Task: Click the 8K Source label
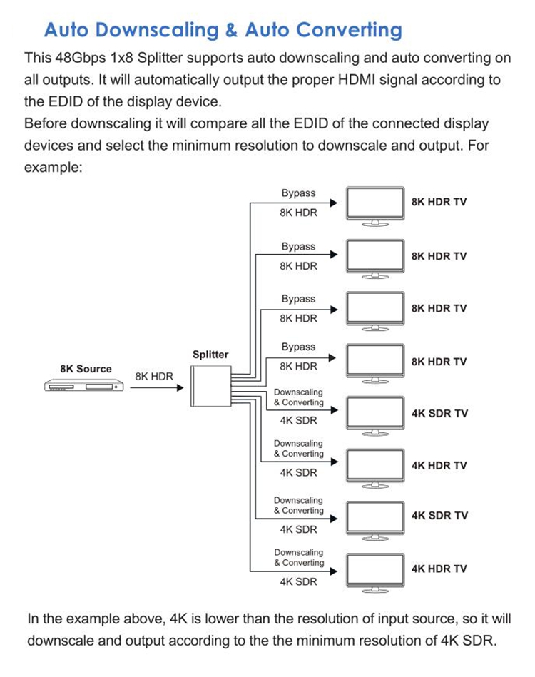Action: [86, 369]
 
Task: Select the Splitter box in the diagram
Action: [210, 387]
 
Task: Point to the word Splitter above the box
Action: [210, 355]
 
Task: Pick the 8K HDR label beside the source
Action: [154, 375]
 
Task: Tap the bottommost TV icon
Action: [375, 571]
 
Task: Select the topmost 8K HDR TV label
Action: [439, 202]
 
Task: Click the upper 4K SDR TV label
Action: [439, 413]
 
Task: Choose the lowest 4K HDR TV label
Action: [439, 569]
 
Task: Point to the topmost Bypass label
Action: [298, 193]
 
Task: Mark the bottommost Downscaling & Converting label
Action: [299, 557]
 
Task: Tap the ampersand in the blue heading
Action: [230, 30]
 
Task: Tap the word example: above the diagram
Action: [53, 167]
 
